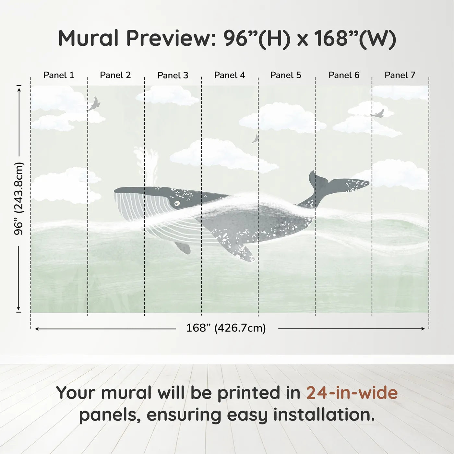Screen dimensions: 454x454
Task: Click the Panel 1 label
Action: coord(59,75)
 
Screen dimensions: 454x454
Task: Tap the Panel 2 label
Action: coord(115,75)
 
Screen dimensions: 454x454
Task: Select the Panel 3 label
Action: coord(173,75)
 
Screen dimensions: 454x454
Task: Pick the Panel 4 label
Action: coord(229,75)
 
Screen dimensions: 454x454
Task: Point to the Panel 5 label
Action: coord(285,75)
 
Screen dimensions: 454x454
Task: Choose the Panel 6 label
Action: coord(344,75)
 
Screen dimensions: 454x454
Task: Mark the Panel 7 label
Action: coord(400,75)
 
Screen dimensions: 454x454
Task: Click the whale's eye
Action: coord(177,203)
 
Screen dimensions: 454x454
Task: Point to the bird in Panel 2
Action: coord(94,104)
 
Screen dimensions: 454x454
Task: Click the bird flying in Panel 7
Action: coord(378,114)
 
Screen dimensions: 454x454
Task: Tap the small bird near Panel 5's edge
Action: coord(255,139)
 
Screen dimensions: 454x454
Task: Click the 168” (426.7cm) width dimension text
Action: coord(226,328)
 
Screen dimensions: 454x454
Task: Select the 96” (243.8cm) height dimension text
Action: coord(19,198)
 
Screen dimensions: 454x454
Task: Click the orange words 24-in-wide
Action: coord(352,393)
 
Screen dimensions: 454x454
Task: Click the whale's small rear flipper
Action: coord(183,247)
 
